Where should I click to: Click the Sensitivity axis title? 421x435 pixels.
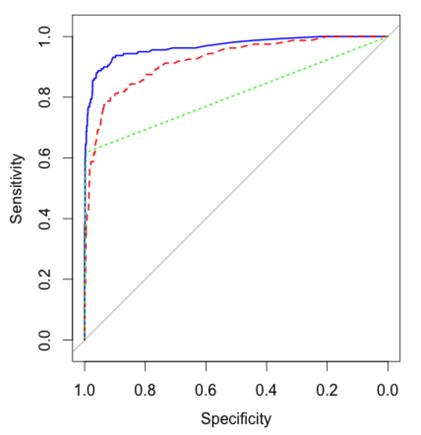(x=16, y=188)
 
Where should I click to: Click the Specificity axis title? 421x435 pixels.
(x=236, y=419)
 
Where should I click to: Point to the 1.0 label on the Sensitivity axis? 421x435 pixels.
(x=44, y=36)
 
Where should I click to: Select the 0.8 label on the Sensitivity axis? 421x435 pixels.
(x=44, y=97)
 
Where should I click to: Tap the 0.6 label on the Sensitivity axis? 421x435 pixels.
(x=44, y=158)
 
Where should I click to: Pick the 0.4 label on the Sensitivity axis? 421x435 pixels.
(x=44, y=218)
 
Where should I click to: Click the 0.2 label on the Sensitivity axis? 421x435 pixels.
(x=44, y=279)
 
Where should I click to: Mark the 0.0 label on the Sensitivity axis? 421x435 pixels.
(x=44, y=340)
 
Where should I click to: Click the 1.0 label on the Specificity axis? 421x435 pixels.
(x=85, y=390)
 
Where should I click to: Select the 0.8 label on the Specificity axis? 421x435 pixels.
(x=145, y=390)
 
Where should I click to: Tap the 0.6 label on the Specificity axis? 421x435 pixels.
(x=206, y=390)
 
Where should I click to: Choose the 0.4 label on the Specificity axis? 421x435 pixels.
(x=267, y=390)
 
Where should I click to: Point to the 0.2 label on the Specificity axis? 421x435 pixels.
(x=327, y=390)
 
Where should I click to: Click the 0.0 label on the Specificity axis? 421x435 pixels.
(x=388, y=390)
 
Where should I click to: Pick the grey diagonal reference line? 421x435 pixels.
(x=236, y=188)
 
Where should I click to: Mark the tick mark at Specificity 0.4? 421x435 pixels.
(x=267, y=366)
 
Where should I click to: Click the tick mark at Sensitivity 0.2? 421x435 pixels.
(x=68, y=279)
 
